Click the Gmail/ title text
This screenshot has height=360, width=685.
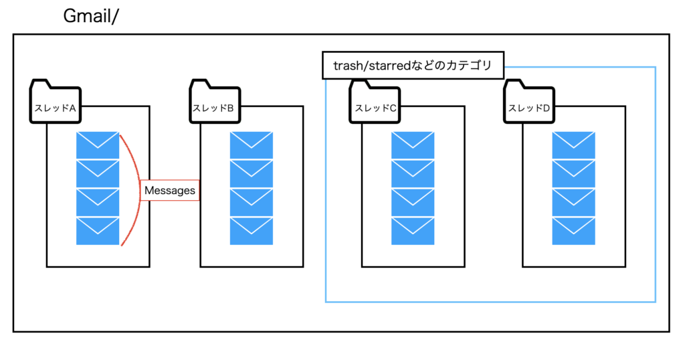tap(91, 16)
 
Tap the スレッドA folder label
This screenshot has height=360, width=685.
tap(55, 108)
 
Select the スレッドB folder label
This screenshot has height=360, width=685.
tap(213, 108)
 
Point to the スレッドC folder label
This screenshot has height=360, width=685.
tap(375, 108)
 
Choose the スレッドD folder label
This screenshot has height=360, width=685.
tap(529, 108)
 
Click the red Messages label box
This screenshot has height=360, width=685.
tap(169, 191)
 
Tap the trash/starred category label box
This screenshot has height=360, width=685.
tap(413, 66)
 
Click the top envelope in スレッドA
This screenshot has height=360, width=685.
tap(98, 145)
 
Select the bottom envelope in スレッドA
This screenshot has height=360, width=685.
tap(98, 231)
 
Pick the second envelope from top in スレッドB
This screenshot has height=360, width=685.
tap(252, 174)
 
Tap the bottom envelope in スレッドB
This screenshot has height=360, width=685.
tap(252, 231)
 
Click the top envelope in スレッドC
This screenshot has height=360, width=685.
tap(413, 145)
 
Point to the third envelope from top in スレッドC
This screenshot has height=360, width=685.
tap(413, 202)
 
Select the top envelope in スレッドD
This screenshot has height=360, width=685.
tap(573, 145)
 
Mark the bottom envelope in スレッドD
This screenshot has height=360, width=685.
tap(573, 231)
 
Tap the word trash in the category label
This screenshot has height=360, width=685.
tap(348, 66)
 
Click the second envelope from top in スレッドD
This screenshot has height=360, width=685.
tap(573, 174)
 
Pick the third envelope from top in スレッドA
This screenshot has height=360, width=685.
tap(98, 202)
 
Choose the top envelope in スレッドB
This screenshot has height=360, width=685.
tap(252, 145)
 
